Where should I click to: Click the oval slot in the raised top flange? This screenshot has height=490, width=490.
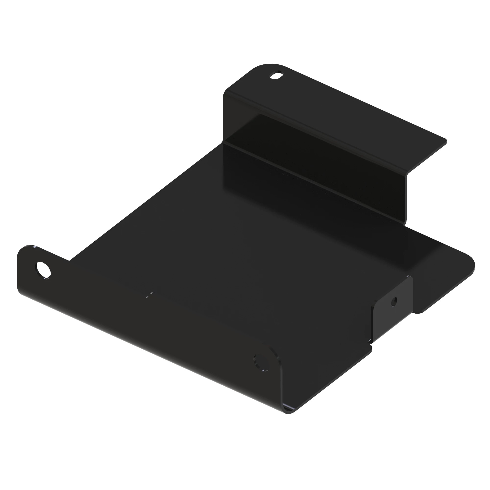tap(277, 75)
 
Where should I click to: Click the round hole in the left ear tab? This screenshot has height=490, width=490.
tap(44, 270)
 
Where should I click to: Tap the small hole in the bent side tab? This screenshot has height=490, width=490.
tap(394, 302)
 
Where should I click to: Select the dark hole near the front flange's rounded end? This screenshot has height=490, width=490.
tap(261, 362)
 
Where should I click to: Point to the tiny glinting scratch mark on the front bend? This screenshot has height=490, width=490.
tap(150, 294)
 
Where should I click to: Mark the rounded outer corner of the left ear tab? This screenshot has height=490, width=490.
tap(24, 250)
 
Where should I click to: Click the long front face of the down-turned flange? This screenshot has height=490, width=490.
tap(152, 330)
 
